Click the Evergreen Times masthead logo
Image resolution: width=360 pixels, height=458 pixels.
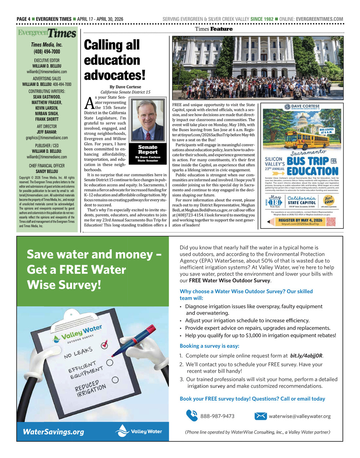pos(47,33)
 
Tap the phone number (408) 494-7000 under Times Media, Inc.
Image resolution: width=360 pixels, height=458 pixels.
pos(47,51)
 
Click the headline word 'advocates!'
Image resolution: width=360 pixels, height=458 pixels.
pos(114,75)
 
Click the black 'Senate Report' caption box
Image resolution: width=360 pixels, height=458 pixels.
pos(148,154)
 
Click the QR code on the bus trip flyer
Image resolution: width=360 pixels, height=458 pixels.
pos(330,221)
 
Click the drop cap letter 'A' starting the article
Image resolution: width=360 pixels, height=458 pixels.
pos(89,103)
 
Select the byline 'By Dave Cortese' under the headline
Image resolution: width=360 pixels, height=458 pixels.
pos(125,87)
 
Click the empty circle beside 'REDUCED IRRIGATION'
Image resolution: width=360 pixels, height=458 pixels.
pos(115,380)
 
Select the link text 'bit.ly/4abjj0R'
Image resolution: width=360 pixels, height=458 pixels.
pos(306,356)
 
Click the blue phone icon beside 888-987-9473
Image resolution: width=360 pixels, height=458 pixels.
pos(192,416)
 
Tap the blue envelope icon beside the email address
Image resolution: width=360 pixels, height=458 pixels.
pos(260,416)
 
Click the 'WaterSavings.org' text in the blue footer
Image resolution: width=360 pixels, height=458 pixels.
pos(53,432)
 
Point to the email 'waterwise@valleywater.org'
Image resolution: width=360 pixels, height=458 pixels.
pos(300,416)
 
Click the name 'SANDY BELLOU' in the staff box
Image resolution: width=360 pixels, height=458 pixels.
pos(47,172)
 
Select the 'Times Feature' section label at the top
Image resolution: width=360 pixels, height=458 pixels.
pos(214,29)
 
